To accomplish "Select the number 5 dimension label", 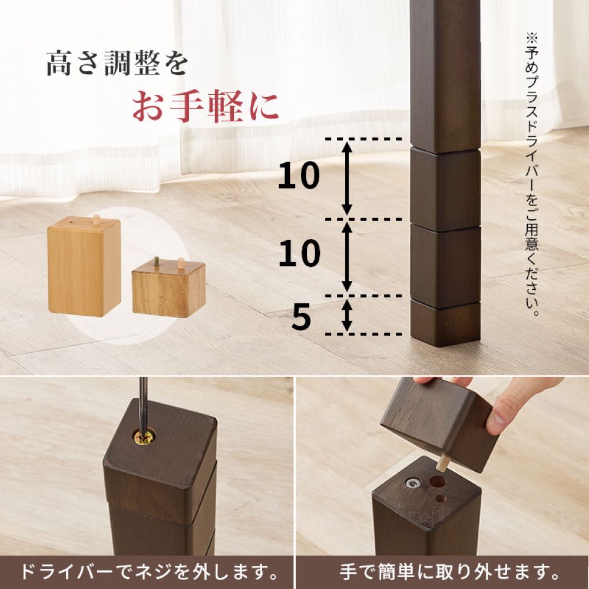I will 301,318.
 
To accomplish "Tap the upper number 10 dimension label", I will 299,176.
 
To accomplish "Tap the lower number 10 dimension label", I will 299,254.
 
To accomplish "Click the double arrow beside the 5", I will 348,315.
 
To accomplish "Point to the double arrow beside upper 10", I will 348,178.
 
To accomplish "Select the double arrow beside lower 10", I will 348,256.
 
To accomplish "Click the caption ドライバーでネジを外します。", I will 149,571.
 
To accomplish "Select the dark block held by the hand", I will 436,424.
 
